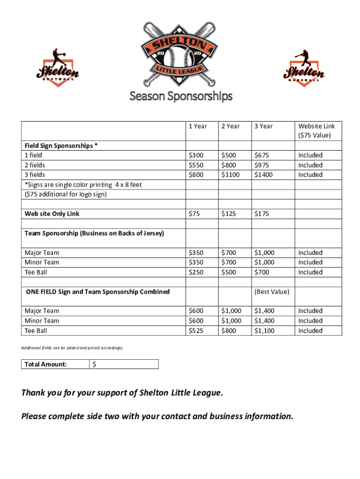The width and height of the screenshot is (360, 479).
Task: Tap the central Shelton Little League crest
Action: pyautogui.click(x=180, y=54)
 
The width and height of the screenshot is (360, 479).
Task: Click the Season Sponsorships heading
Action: pyautogui.click(x=180, y=96)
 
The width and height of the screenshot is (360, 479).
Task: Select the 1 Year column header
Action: pyautogui.click(x=198, y=126)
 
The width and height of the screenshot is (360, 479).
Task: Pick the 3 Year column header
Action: pyautogui.click(x=263, y=126)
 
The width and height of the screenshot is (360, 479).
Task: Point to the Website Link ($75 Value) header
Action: pyautogui.click(x=316, y=131)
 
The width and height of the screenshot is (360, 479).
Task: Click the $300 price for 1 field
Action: pyautogui.click(x=195, y=155)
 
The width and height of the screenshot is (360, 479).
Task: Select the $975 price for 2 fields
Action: pyautogui.click(x=262, y=165)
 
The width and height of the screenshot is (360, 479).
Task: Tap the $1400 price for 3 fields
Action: pyautogui.click(x=264, y=174)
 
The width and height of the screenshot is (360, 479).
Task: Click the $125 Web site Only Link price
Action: pyautogui.click(x=229, y=214)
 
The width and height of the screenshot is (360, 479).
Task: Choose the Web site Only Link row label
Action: pyautogui.click(x=52, y=214)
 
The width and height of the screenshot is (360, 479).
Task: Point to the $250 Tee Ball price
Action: pyautogui.click(x=195, y=272)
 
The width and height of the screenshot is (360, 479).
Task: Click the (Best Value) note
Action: pyautogui.click(x=271, y=292)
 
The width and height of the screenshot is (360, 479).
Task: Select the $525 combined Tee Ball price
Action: pyautogui.click(x=195, y=331)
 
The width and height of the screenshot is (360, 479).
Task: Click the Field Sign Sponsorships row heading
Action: pyautogui.click(x=61, y=145)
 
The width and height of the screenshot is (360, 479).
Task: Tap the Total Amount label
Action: pyautogui.click(x=45, y=364)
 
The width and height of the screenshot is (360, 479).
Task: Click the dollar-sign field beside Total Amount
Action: pyautogui.click(x=124, y=364)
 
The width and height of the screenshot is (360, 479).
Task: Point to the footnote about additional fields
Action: pyautogui.click(x=72, y=348)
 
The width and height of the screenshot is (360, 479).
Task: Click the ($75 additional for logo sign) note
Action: pyautogui.click(x=65, y=194)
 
